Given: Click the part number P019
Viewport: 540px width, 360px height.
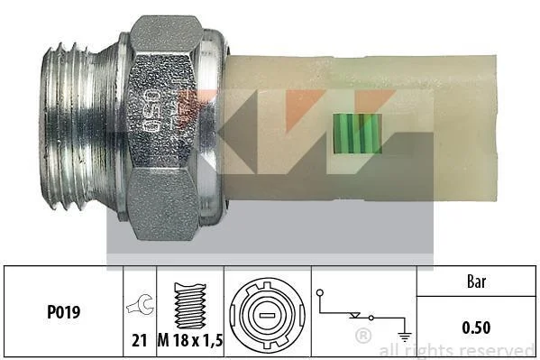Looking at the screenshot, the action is (x=63, y=312).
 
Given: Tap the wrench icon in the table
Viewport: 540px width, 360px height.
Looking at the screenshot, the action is (x=141, y=304).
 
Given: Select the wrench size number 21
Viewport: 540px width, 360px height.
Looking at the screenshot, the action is (x=140, y=341).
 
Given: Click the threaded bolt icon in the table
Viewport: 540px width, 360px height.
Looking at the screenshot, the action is (x=190, y=306).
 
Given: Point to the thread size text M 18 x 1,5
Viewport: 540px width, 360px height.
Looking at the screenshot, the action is (x=190, y=341).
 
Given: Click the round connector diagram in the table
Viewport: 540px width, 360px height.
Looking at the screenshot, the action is (x=267, y=315).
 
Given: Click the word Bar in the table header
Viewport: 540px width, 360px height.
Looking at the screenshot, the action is (x=476, y=282).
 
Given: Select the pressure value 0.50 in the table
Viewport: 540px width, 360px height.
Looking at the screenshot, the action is (x=476, y=328).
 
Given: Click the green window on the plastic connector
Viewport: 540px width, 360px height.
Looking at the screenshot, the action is (x=357, y=134).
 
